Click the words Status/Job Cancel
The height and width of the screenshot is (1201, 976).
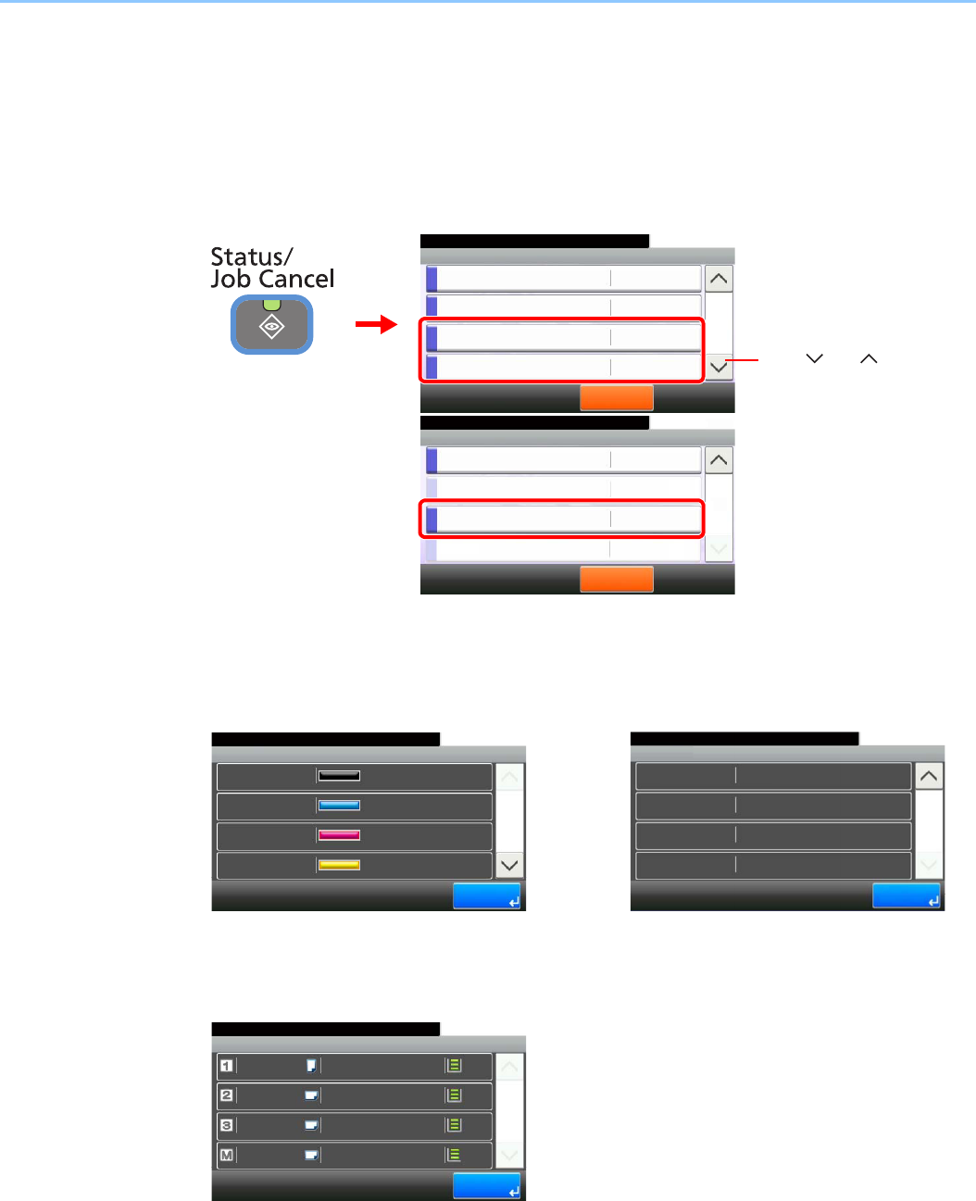271,268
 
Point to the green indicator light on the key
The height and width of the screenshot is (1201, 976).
271,304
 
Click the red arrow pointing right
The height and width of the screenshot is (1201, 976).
376,325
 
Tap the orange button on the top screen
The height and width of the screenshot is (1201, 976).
616,398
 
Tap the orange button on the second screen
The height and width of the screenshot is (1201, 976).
616,580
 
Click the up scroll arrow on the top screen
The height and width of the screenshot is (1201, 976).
719,279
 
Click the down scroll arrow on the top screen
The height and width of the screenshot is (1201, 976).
719,368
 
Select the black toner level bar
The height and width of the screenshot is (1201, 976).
339,776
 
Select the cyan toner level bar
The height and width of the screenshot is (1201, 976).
339,806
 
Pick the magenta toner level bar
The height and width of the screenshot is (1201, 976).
339,835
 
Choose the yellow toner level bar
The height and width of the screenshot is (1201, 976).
339,865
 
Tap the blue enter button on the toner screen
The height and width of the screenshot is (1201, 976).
486,896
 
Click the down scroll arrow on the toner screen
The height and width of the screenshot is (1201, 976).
509,866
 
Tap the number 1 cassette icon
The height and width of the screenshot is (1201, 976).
226,1066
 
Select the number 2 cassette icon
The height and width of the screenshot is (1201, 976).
226,1095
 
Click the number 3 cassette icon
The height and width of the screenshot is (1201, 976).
226,1125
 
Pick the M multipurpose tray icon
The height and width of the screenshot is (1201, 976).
226,1155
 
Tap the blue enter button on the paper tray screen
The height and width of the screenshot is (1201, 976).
486,1187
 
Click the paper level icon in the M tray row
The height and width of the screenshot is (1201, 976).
454,1155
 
